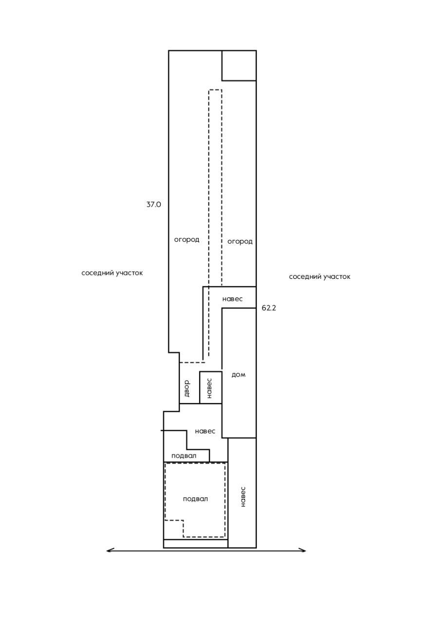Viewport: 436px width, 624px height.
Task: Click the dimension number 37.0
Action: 153,205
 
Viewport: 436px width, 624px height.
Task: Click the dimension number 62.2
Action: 269,308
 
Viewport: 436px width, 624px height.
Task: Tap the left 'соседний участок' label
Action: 112,273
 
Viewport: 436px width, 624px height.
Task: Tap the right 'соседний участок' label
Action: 320,277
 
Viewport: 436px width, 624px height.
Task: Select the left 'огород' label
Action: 187,239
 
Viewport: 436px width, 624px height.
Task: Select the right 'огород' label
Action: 240,241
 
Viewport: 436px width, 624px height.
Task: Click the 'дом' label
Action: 238,374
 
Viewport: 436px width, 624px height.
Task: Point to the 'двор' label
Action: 187,388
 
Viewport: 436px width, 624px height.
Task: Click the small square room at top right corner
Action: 239,65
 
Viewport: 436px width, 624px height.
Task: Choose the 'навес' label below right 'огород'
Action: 232,299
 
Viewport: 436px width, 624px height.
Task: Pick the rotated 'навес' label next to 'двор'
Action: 209,388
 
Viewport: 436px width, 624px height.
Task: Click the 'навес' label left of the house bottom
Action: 205,431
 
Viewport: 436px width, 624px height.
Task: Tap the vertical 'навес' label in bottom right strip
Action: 243,496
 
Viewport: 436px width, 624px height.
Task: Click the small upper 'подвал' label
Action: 184,456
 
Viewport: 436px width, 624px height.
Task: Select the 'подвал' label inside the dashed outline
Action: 195,499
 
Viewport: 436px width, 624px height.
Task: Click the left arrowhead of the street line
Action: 109,550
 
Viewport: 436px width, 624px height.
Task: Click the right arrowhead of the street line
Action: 303,550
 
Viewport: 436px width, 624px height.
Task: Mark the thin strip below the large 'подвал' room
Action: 195,544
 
